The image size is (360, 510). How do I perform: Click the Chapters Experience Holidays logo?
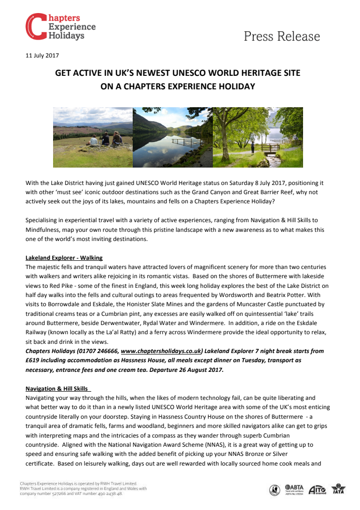pyautogui.click(x=60, y=27)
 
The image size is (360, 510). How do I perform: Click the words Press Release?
pyautogui.click(x=282, y=36)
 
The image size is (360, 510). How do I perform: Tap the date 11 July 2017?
pyautogui.click(x=42, y=55)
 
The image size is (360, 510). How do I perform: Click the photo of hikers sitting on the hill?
pyautogui.click(x=93, y=137)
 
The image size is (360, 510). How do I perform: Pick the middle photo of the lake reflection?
pyautogui.click(x=172, y=137)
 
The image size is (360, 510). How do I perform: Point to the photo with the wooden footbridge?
pyautogui.click(x=258, y=137)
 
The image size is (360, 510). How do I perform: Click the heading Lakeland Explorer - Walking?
pyautogui.click(x=64, y=258)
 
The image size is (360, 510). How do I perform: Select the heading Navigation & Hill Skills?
pyautogui.click(x=58, y=389)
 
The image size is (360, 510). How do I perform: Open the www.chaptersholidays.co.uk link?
pyautogui.click(x=161, y=351)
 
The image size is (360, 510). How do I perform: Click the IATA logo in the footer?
pyautogui.click(x=339, y=489)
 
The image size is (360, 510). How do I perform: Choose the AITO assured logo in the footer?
pyautogui.click(x=318, y=489)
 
